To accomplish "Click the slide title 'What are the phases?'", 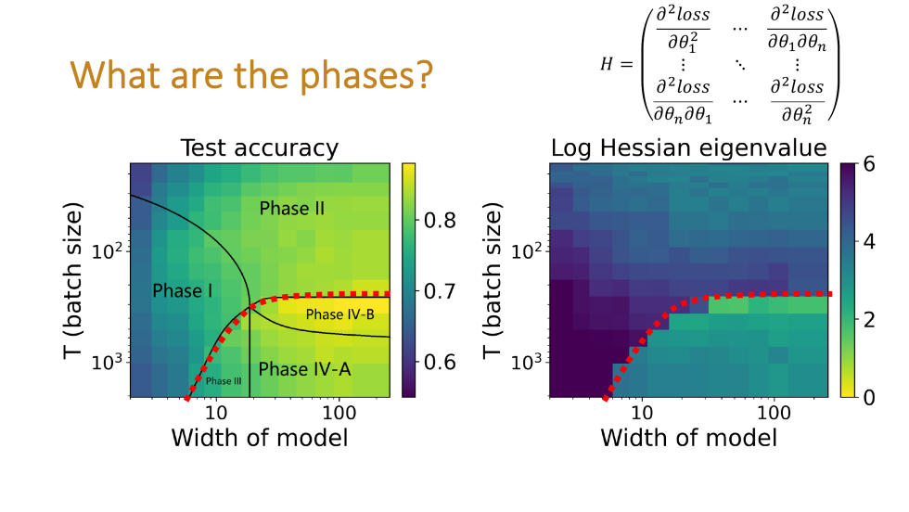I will click(x=252, y=75).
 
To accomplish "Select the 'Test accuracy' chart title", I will click(x=259, y=148).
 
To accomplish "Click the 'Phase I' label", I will click(x=183, y=291).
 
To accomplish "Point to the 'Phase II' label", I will click(x=291, y=209).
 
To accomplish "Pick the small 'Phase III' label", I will click(x=225, y=381).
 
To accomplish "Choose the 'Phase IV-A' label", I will click(x=304, y=369).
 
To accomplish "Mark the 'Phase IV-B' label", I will click(x=339, y=314).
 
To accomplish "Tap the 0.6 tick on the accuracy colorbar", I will click(x=442, y=362).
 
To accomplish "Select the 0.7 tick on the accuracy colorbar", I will click(x=442, y=291).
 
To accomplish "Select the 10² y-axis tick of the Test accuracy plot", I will click(x=107, y=251).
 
